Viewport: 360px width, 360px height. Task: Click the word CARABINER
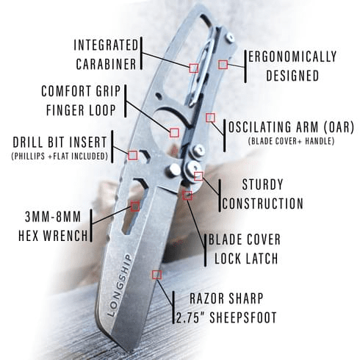[x=106, y=64]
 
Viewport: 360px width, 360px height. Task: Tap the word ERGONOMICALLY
[x=292, y=57]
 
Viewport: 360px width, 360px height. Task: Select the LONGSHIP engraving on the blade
[x=120, y=286]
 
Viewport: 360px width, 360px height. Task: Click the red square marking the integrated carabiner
[x=194, y=68]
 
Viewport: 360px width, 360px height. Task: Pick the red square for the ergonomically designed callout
[x=223, y=65]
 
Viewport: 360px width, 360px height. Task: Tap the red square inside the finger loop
[x=174, y=133]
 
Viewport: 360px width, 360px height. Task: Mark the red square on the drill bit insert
[x=133, y=155]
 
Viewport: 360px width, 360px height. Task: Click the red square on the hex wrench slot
[x=135, y=206]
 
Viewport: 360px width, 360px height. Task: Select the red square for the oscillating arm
[x=210, y=118]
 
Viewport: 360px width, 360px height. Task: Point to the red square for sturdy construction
[x=198, y=176]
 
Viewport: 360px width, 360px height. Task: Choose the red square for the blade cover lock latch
[x=187, y=195]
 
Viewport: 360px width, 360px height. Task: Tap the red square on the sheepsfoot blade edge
[x=156, y=275]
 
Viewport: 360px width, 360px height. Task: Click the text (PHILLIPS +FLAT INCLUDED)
[x=60, y=156]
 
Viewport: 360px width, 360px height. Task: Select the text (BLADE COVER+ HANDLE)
[x=291, y=141]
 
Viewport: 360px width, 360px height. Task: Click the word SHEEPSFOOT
[x=243, y=318]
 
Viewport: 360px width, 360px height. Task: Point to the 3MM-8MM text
[x=53, y=217]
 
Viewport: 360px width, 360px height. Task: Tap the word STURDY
[x=262, y=184]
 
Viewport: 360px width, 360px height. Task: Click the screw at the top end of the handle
[x=230, y=37]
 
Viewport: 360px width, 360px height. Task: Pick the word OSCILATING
[x=260, y=127]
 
